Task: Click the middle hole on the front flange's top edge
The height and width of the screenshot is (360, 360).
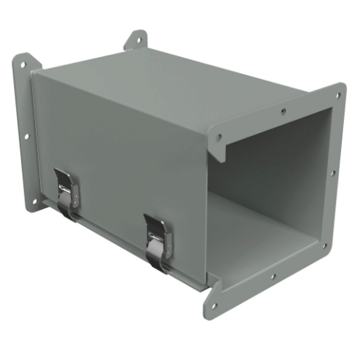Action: (x=284, y=112)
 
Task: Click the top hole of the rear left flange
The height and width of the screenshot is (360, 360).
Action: (x=22, y=65)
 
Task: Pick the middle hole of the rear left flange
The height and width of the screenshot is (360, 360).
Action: (x=26, y=135)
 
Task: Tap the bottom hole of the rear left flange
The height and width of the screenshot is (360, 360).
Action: (x=31, y=199)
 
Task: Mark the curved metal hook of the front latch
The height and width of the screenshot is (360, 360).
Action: (x=156, y=256)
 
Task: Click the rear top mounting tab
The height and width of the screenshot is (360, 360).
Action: (x=136, y=39)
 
